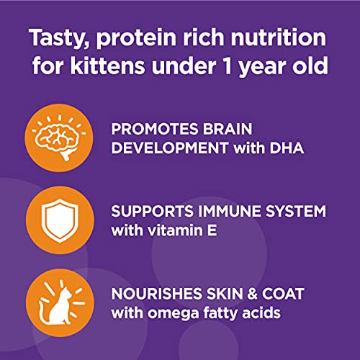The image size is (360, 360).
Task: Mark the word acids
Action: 262,314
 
